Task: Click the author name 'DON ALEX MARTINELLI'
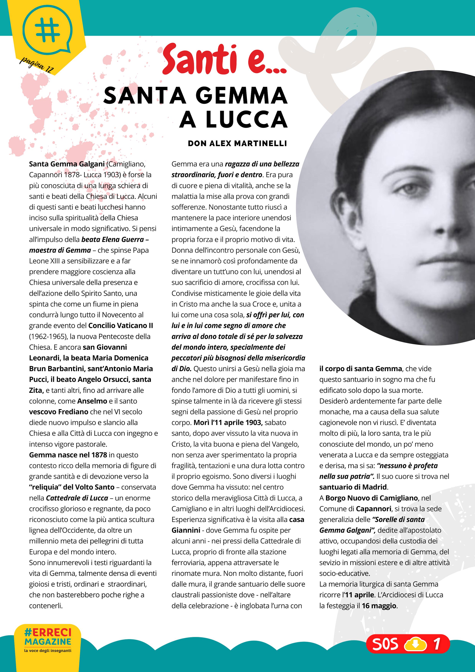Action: [x=237, y=143]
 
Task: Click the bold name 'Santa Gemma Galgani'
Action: [x=67, y=164]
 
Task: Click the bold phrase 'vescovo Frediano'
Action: [x=59, y=412]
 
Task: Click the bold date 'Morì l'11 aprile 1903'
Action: [x=228, y=423]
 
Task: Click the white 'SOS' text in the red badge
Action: [x=385, y=644]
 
